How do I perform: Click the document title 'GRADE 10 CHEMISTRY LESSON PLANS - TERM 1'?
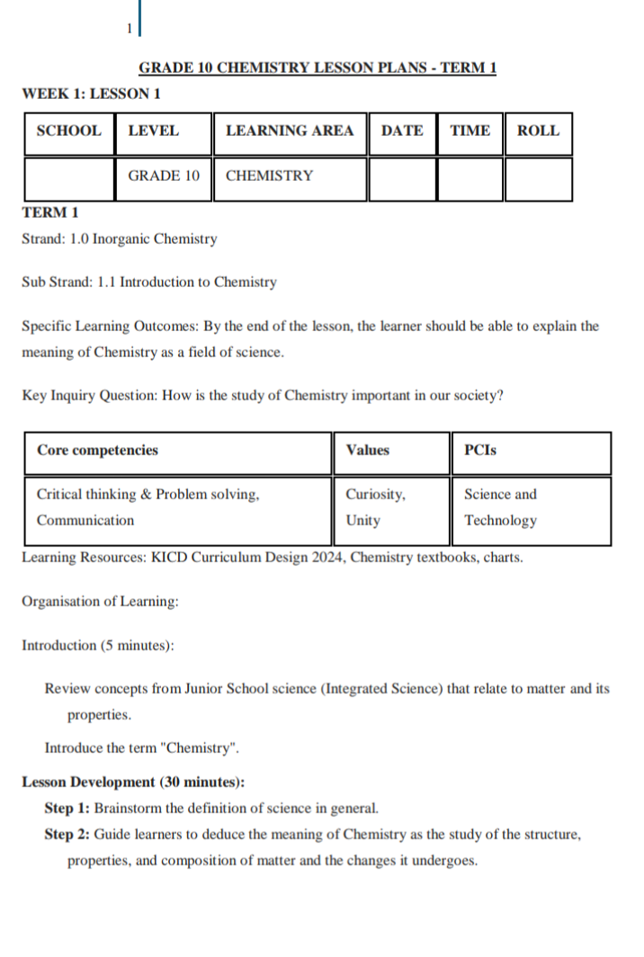tap(318, 67)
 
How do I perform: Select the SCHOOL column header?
tap(68, 130)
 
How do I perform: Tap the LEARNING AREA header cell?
tap(290, 130)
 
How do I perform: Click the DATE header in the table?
tap(402, 130)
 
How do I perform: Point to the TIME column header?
tap(470, 130)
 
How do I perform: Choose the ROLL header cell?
tap(538, 130)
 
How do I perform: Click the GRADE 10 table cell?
tap(164, 176)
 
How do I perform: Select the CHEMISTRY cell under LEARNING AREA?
tap(270, 176)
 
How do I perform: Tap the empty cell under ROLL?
tap(538, 178)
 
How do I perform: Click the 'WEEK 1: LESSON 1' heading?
tap(91, 94)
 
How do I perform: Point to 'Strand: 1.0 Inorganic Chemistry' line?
tap(120, 239)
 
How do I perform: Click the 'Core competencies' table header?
tap(97, 451)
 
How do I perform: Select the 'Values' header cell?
tap(368, 451)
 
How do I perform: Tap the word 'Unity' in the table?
tap(362, 521)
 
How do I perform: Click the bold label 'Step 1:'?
tap(67, 808)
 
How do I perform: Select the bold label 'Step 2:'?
tap(67, 835)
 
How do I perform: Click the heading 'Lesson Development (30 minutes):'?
tap(133, 782)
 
